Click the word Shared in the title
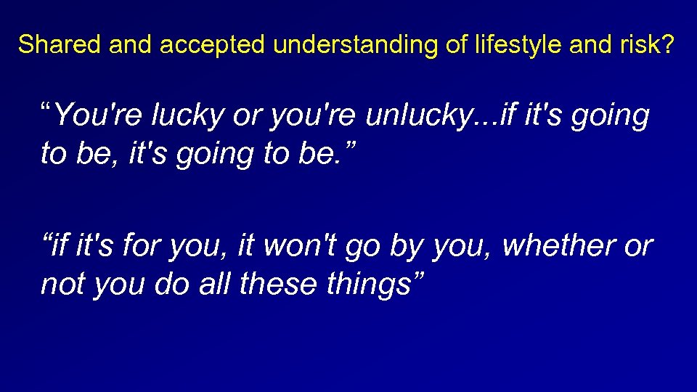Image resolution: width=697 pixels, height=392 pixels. coord(60,45)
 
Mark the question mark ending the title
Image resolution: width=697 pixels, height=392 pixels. coord(667,45)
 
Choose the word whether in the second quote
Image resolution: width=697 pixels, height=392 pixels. coord(555,246)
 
